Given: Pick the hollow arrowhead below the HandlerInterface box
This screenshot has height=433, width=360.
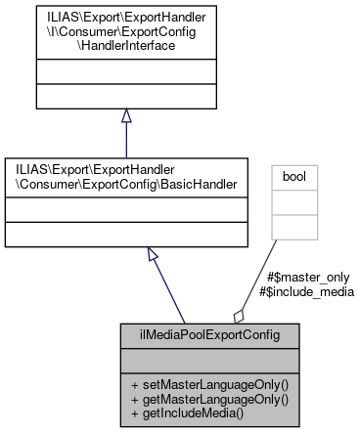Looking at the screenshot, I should point(125,116).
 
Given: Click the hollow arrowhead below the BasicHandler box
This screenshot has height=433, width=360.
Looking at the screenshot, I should point(153,254).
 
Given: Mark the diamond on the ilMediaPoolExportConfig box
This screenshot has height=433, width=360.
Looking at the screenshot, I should point(238,315).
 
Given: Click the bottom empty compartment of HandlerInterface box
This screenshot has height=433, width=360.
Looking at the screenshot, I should point(125,96).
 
